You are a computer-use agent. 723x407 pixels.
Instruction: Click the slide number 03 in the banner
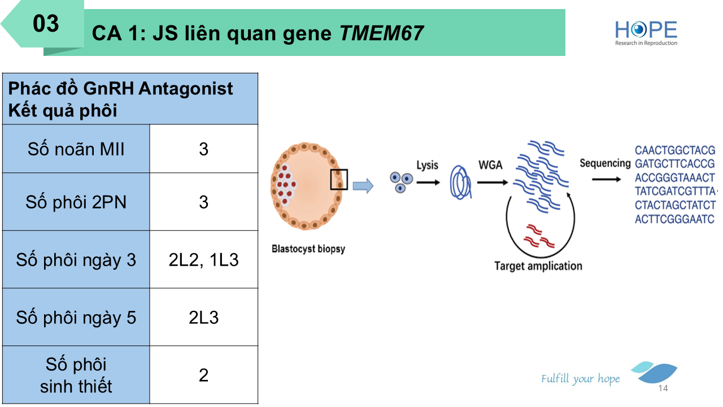tap(46, 24)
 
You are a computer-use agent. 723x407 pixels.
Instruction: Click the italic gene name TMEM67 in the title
tap(381, 33)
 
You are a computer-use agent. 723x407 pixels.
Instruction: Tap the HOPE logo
tap(646, 33)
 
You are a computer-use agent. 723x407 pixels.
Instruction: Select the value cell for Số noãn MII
tap(204, 149)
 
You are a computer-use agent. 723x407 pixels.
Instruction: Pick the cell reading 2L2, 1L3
tap(204, 259)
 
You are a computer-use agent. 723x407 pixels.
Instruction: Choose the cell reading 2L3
tap(204, 318)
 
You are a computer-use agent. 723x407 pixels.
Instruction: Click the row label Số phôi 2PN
tap(76, 202)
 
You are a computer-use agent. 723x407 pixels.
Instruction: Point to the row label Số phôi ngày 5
tap(76, 318)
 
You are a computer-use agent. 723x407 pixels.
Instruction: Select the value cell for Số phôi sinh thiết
tap(204, 375)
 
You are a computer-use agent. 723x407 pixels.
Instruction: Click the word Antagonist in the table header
tap(186, 88)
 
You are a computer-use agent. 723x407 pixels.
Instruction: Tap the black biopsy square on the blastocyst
tap(339, 180)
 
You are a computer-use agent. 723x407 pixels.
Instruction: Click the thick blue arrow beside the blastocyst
tap(363, 186)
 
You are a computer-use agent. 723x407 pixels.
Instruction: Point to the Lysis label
tap(427, 166)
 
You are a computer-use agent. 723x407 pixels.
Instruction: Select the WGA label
tap(490, 165)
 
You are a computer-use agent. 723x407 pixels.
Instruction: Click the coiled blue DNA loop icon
tap(460, 183)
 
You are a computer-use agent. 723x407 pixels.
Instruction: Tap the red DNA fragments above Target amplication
tap(538, 236)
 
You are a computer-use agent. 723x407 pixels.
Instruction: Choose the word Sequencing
tap(605, 163)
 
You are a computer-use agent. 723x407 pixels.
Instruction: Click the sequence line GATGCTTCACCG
tap(674, 164)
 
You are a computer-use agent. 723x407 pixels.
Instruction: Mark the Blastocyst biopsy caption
tap(308, 249)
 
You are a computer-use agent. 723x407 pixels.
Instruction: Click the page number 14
tap(663, 388)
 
